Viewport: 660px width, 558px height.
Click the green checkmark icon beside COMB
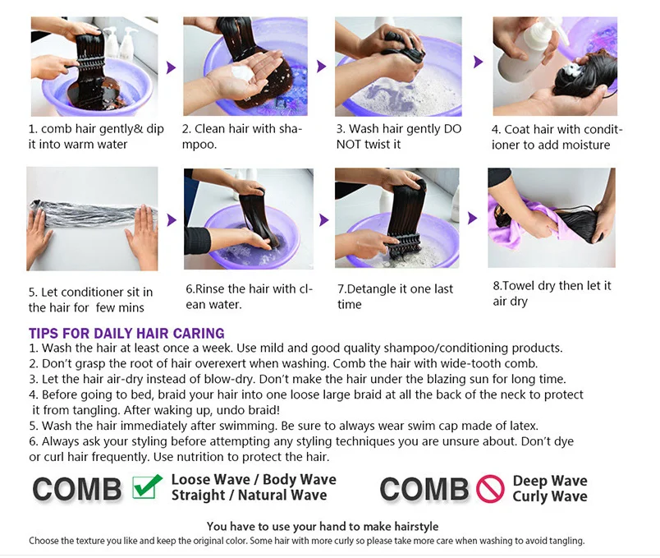[147, 487]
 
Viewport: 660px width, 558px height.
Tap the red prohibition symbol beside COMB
[490, 489]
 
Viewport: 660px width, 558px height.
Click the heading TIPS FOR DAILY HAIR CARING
[126, 334]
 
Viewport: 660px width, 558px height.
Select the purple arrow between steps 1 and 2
[171, 67]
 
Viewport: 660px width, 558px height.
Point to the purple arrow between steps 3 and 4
[478, 62]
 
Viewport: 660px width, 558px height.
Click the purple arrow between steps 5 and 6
[172, 219]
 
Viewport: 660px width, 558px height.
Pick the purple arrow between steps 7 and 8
[473, 218]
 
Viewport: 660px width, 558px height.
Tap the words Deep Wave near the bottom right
[550, 481]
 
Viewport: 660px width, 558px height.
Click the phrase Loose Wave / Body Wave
[254, 479]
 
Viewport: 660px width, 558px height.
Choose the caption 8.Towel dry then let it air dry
[552, 293]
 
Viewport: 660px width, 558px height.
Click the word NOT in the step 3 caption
[349, 144]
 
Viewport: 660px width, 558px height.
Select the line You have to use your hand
[323, 527]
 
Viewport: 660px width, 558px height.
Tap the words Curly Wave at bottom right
[550, 496]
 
